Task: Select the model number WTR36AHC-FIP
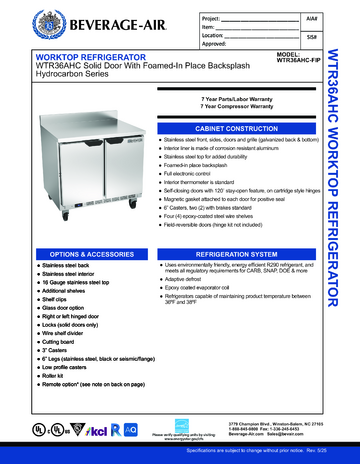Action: coord(297,71)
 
